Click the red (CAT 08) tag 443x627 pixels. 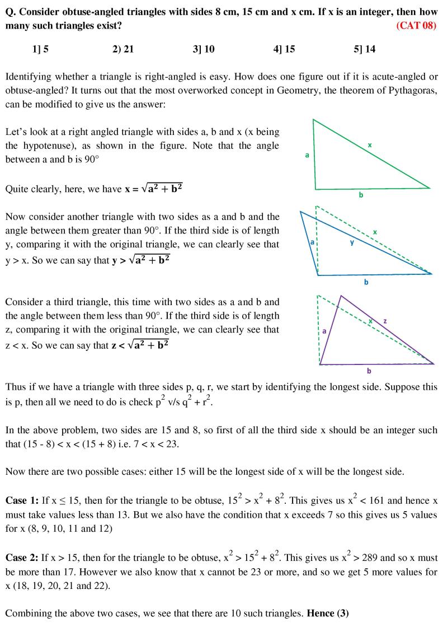(416, 26)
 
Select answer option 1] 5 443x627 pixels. (40, 49)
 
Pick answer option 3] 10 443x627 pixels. (203, 49)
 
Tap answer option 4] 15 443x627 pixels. (284, 49)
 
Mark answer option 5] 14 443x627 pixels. (365, 49)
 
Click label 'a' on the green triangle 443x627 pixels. (307, 155)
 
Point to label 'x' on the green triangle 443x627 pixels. (370, 145)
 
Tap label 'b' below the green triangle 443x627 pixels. (361, 195)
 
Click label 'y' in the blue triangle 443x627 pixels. (352, 243)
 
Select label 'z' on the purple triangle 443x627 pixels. (385, 321)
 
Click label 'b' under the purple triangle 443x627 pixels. (369, 371)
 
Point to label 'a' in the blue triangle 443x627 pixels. (312, 242)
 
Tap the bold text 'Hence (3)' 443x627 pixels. (328, 613)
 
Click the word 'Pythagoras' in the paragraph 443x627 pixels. (411, 90)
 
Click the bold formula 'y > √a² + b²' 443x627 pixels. (139, 260)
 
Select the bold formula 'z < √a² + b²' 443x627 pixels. (139, 345)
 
